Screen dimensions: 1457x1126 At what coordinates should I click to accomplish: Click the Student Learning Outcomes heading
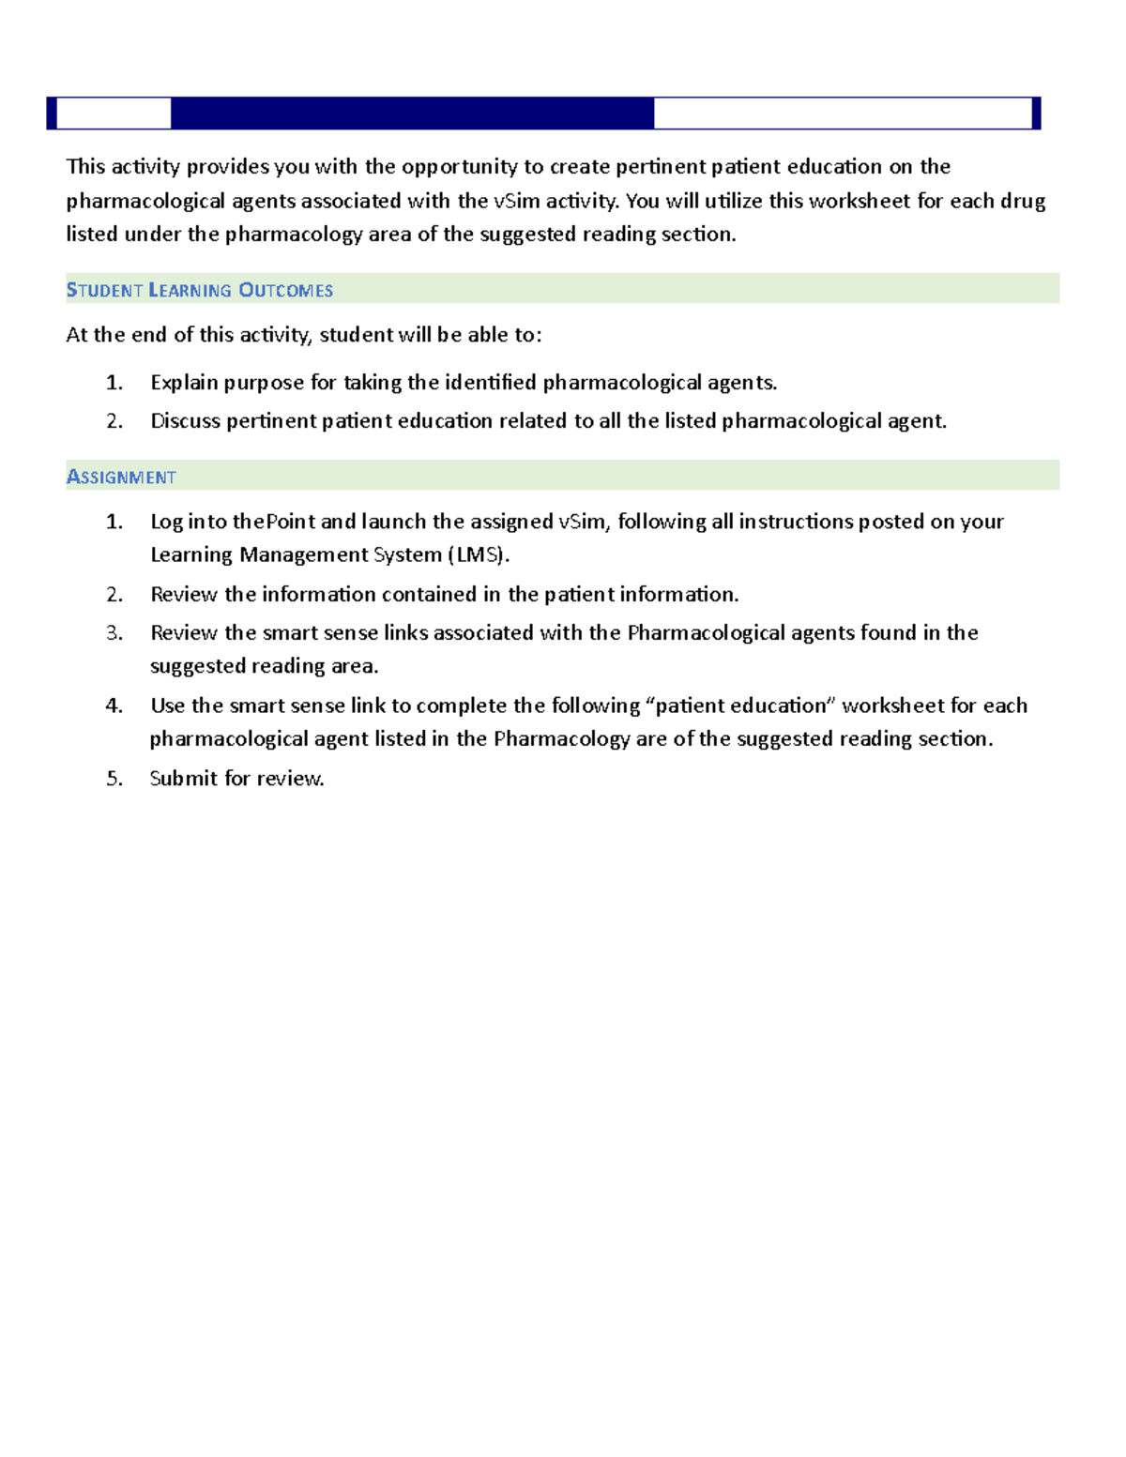click(x=199, y=290)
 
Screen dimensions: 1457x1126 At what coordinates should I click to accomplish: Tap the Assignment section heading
click(x=121, y=477)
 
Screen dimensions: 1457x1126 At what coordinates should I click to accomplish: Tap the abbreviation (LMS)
click(x=478, y=555)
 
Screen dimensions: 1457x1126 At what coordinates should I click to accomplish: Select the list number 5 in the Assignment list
click(x=114, y=779)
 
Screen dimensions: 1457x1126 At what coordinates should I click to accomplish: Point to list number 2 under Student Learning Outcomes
click(x=114, y=421)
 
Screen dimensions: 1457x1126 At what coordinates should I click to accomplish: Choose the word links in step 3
click(x=405, y=633)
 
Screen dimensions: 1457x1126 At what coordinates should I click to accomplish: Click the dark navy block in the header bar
click(x=412, y=114)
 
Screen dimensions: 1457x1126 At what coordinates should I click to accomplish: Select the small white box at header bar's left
click(x=114, y=114)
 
